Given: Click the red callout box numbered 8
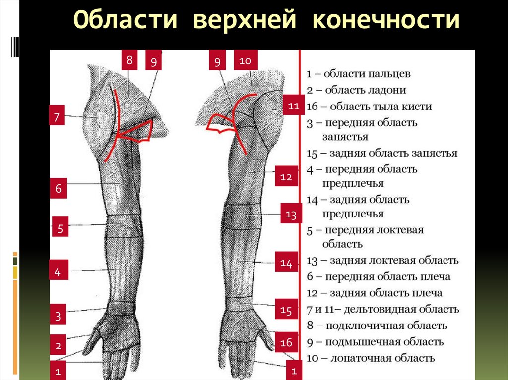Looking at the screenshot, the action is point(129,61).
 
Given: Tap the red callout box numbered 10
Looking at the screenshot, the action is point(246,61).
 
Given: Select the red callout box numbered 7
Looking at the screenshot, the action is point(57,117).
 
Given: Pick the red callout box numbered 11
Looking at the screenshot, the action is point(293,106).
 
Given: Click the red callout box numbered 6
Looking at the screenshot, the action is point(58,189).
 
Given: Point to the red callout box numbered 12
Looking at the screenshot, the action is point(286,177).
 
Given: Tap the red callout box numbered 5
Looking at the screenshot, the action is point(60,229).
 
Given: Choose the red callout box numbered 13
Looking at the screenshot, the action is point(291,215).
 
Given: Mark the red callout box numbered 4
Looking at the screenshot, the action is point(58,272).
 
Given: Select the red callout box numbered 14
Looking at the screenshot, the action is point(286,263).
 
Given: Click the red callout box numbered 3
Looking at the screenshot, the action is point(58,316).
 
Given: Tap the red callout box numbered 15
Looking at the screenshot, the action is point(286,311).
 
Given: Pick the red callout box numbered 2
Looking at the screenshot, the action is point(58,345).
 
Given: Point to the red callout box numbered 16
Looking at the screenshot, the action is point(286,342).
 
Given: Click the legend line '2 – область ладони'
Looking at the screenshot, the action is point(356,90).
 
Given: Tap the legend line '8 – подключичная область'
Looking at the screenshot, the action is point(377,326).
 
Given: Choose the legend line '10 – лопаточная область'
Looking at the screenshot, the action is point(371,358).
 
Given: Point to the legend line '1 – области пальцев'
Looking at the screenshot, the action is point(358,74).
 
